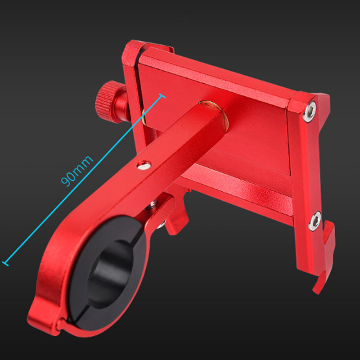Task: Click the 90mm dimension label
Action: click(x=77, y=171)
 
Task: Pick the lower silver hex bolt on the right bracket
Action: click(x=315, y=221)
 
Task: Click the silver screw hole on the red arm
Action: click(x=144, y=165)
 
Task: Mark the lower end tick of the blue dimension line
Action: click(x=5, y=264)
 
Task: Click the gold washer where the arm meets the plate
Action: click(x=216, y=115)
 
